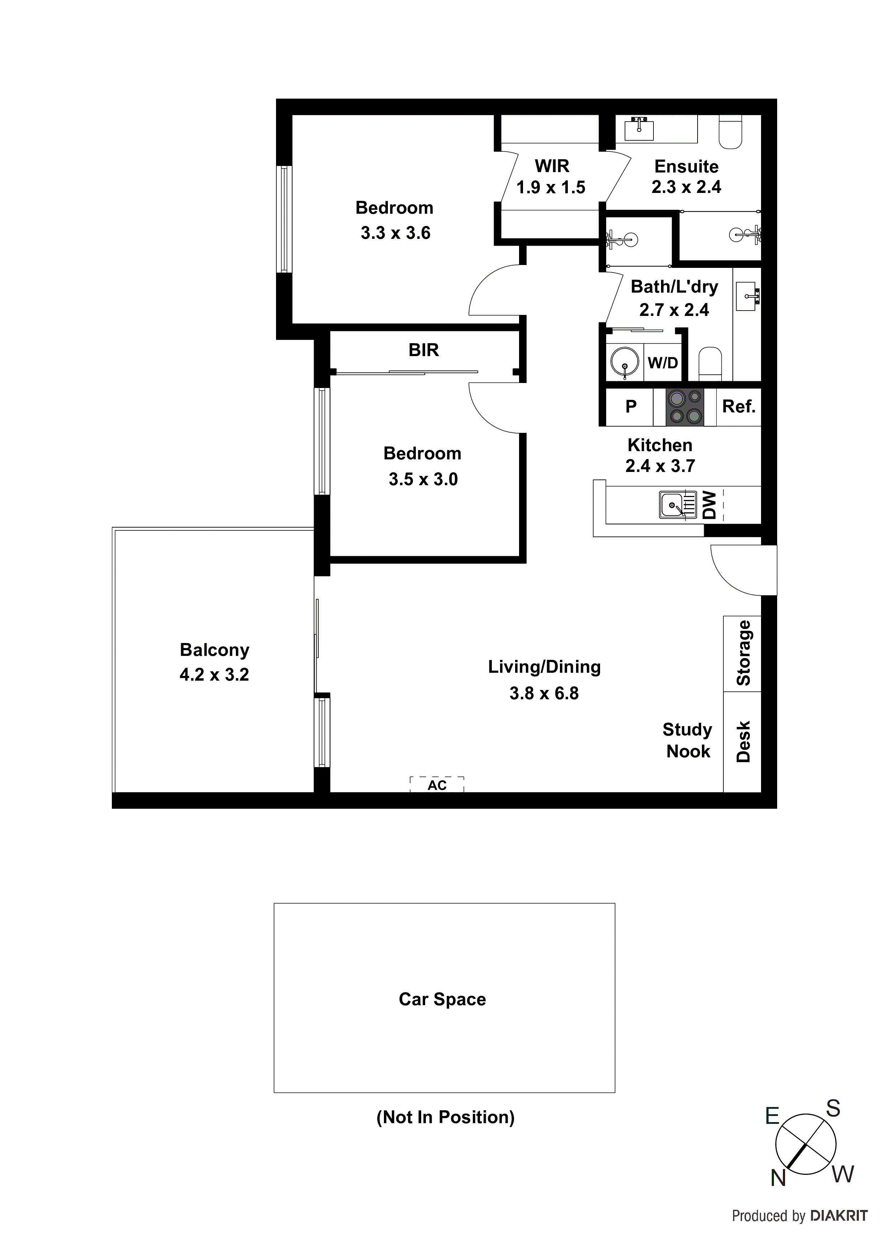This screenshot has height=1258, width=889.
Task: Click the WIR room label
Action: (x=552, y=165)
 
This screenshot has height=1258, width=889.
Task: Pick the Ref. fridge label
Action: (x=738, y=407)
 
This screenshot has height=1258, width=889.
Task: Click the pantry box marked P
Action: (x=631, y=407)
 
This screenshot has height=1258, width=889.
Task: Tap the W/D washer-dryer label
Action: (x=663, y=362)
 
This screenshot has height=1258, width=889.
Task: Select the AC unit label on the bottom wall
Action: (x=437, y=785)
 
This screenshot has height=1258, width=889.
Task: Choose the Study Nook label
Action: (x=688, y=740)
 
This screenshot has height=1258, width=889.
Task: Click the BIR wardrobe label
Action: (x=423, y=350)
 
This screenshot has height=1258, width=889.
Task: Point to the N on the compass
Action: (x=778, y=1178)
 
